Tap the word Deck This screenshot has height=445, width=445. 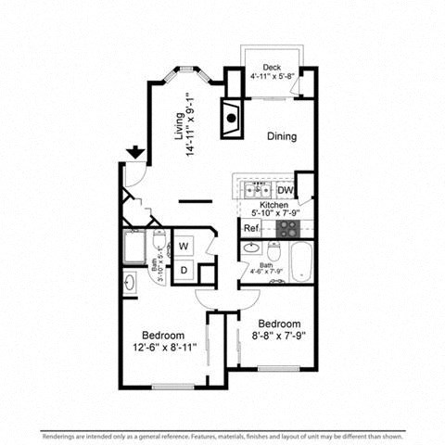pos(271,68)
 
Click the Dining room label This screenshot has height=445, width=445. pos(282,136)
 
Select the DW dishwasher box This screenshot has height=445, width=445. pos(285,190)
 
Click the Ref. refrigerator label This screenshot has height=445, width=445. pos(250,228)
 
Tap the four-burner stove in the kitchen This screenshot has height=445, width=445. pos(288,227)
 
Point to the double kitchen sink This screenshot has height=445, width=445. pos(257,190)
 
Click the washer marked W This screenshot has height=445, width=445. pos(184,247)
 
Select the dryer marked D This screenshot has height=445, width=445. pos(184,270)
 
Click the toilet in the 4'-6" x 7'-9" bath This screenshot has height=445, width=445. pos(273,251)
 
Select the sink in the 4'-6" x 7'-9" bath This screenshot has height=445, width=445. pos(250,248)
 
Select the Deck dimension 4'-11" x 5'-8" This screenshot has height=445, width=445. pos(271,77)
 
